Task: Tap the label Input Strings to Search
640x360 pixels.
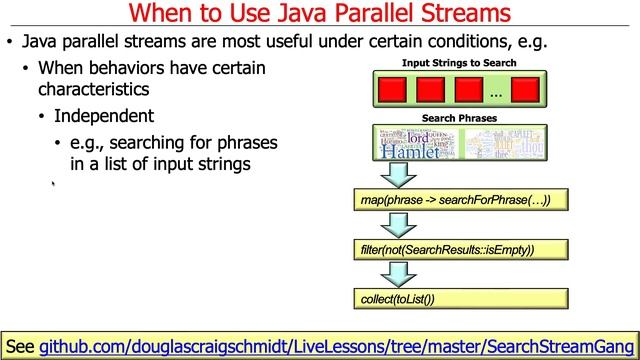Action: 459,62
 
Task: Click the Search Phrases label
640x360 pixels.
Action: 459,118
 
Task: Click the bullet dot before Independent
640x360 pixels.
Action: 42,116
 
